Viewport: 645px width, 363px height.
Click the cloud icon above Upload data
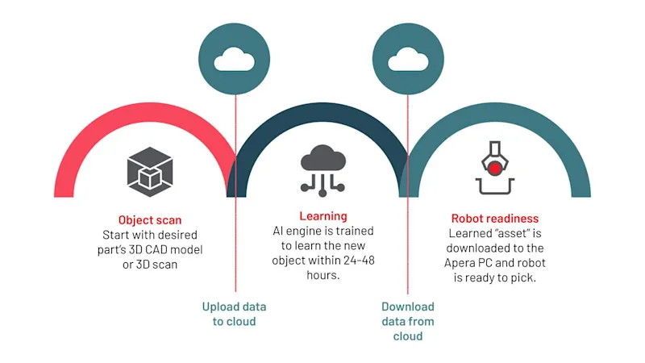coord(235,60)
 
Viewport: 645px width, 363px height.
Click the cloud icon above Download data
coord(408,60)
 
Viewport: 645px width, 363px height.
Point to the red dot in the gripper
coord(493,167)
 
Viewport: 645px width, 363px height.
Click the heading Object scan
coord(150,219)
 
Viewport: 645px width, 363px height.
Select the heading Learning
coord(323,216)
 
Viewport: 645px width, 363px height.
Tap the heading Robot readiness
coord(495,219)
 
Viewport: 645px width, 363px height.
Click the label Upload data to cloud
coord(234,314)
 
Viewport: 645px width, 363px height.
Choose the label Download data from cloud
coord(408,321)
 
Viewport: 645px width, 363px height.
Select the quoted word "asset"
coord(517,234)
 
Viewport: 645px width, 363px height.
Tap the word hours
coord(323,274)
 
